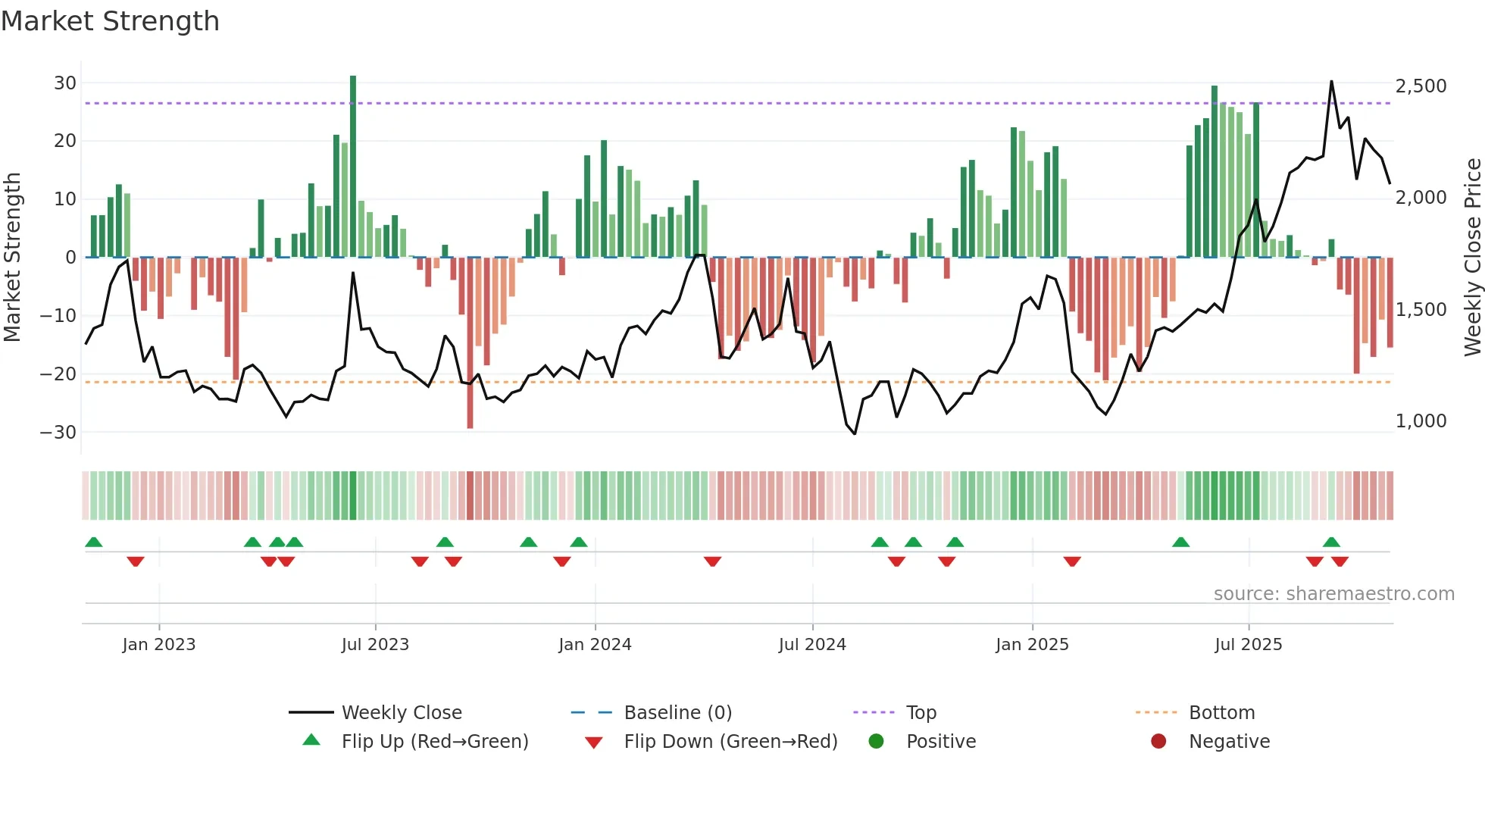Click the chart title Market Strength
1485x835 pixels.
[110, 21]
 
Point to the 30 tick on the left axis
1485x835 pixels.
[65, 83]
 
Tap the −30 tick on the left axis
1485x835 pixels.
[59, 433]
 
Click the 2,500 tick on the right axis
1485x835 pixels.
[1421, 86]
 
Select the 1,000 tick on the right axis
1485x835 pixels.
[1421, 421]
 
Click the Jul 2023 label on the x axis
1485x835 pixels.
[375, 645]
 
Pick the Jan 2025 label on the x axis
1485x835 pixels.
[1032, 645]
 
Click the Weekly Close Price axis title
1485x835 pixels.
[1472, 258]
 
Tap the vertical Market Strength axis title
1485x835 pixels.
[13, 258]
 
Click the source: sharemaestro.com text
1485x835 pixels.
[1333, 594]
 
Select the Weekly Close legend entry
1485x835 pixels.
[402, 713]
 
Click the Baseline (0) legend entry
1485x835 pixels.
[677, 713]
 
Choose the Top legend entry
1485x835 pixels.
[921, 713]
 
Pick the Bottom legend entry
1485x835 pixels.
[1221, 713]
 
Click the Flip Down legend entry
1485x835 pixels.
[730, 742]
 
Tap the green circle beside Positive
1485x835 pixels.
[877, 742]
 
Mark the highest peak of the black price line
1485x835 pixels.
[1331, 82]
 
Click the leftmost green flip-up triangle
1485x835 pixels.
[94, 543]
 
